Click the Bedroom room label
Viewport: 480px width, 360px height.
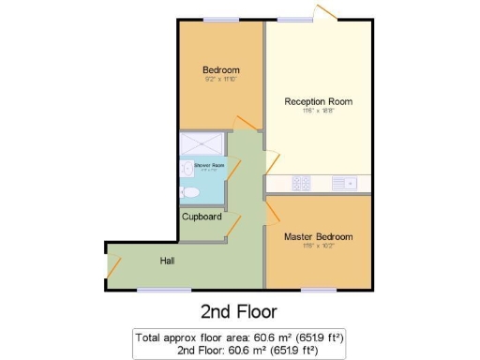click(221, 69)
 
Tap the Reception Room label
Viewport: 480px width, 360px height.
click(319, 100)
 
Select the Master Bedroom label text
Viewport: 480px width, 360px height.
click(319, 236)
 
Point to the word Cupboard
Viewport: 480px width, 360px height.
click(202, 217)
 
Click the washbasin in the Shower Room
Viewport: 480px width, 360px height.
click(184, 171)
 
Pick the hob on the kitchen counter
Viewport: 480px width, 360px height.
click(301, 183)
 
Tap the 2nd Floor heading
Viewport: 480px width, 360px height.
click(239, 310)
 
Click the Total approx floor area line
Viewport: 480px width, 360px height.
click(239, 337)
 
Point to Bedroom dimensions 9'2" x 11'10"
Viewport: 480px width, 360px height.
click(221, 80)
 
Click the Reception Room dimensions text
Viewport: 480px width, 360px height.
click(319, 111)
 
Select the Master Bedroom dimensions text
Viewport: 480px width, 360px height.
click(319, 247)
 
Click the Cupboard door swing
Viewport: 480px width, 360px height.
click(231, 228)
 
